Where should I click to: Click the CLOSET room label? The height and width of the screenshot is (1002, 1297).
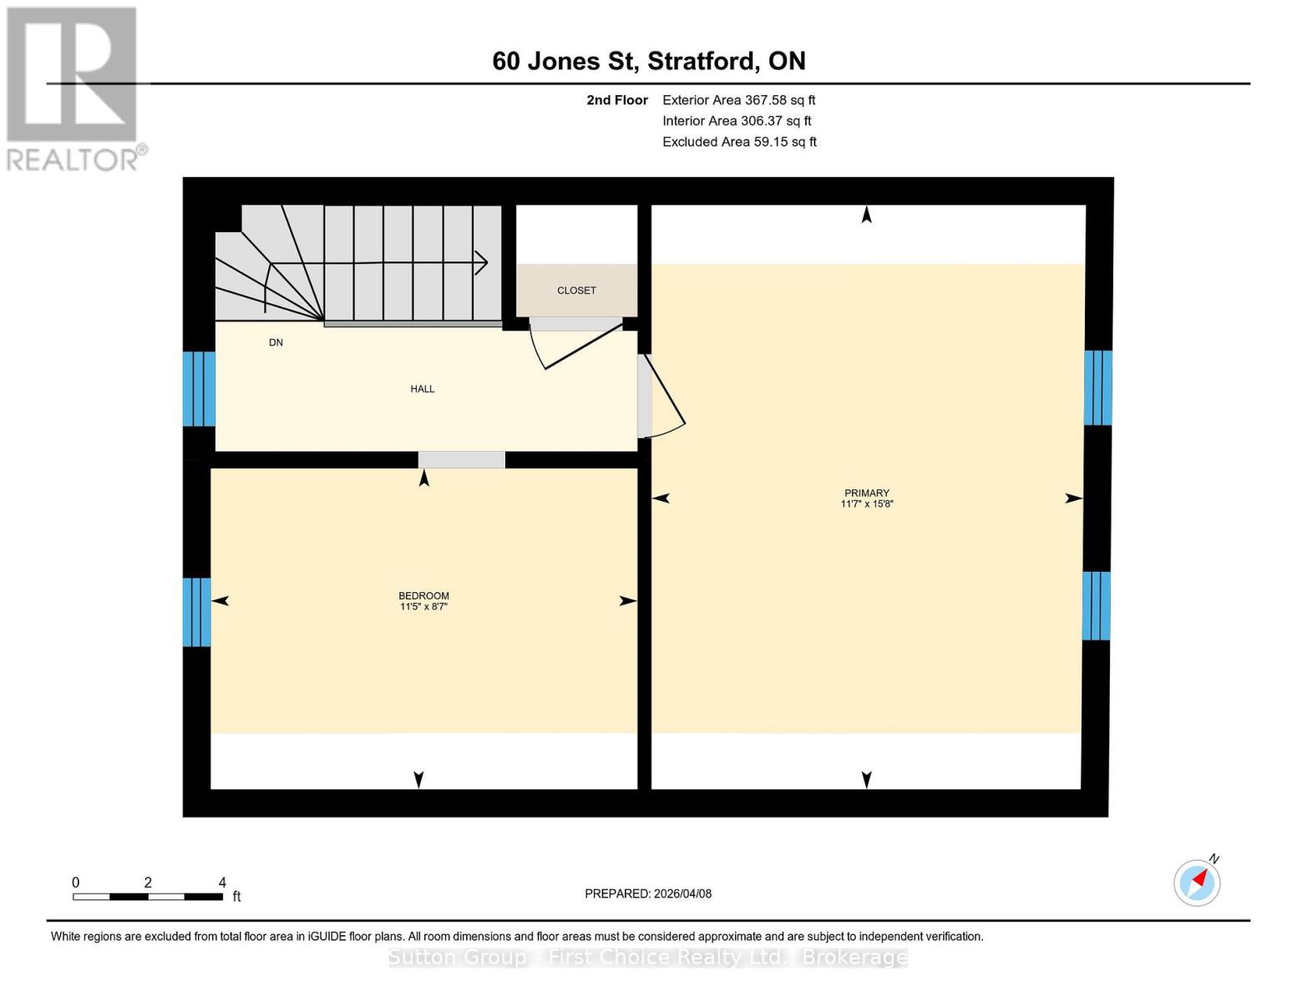pos(576,291)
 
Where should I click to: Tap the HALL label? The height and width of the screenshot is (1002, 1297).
pos(422,389)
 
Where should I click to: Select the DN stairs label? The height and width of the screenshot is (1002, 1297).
pos(276,342)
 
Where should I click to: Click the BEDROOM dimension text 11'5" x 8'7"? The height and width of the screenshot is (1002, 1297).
pos(423,607)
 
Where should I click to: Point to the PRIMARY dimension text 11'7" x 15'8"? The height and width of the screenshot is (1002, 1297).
pos(866,504)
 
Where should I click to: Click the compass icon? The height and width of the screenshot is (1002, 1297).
pos(1197,882)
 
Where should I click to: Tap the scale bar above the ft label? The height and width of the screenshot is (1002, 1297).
pos(148,897)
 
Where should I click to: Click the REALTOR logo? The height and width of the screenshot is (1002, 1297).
pos(73,88)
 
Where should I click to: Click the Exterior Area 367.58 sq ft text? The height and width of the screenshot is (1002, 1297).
pos(738,100)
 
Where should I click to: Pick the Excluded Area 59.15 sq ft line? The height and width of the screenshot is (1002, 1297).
pos(739,142)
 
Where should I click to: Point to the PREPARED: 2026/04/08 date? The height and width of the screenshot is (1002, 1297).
pos(648,893)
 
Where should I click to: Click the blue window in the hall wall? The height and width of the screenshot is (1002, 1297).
pos(199,389)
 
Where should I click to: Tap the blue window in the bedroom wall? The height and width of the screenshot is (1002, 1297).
pos(196,612)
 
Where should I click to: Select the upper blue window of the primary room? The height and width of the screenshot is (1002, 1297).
pos(1097,387)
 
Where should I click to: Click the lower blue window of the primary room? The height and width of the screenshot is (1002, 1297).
pos(1096,605)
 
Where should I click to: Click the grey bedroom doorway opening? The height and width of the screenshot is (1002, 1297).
pos(461,460)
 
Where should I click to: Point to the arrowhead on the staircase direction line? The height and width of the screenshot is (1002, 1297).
pos(482,263)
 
